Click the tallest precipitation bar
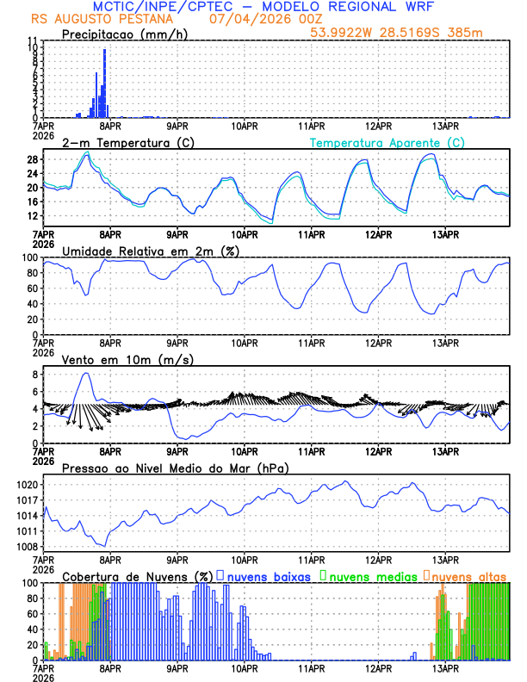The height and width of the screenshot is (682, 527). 105,82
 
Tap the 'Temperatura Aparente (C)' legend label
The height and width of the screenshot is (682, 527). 387,142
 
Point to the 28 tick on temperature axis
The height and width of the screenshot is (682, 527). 33,160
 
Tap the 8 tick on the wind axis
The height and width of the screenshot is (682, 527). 33,375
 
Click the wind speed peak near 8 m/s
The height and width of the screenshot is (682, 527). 85,374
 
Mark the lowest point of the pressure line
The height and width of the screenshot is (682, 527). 106,545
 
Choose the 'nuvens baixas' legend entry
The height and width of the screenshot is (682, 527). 268,575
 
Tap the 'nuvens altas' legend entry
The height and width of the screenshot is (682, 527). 468,575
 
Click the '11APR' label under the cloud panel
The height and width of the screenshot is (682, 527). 312,668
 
